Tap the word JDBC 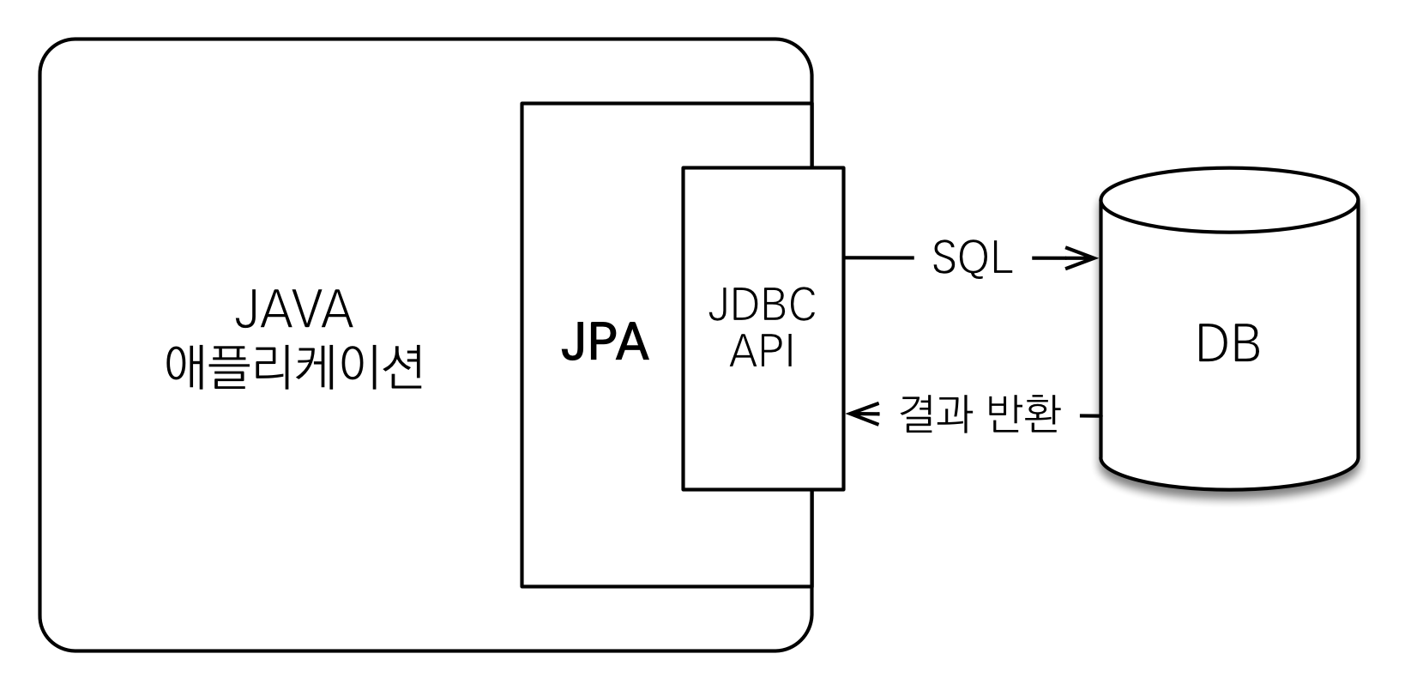tap(762, 307)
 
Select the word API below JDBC tap(762, 353)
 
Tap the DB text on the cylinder tap(1227, 345)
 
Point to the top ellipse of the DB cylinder tap(1229, 203)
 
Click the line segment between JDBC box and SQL tap(878, 257)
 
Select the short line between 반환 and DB tap(1090, 416)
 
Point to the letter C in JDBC tap(803, 307)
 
